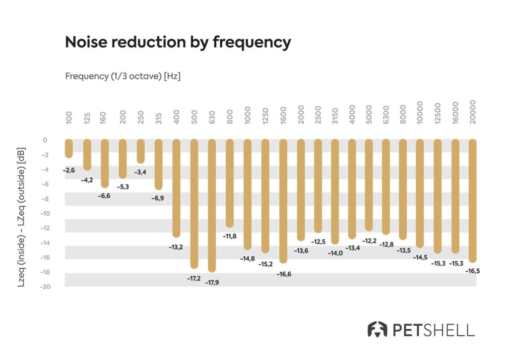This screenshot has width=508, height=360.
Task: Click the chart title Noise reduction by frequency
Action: point(178,43)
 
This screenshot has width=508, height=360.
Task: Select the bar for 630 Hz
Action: point(212,205)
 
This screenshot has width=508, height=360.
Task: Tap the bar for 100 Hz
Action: point(69,148)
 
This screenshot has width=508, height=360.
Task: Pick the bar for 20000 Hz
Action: point(472,200)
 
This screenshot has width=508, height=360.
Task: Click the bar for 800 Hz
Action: point(230,183)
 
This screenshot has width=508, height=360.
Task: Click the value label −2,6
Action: point(69,170)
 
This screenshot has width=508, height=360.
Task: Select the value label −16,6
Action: point(283,274)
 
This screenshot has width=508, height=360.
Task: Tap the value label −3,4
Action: point(140,173)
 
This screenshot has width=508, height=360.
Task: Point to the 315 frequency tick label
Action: point(158,117)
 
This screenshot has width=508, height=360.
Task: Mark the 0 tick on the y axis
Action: point(45,140)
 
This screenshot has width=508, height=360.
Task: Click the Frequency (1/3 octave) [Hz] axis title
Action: point(123,77)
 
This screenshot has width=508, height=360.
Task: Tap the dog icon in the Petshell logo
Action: point(377,329)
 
